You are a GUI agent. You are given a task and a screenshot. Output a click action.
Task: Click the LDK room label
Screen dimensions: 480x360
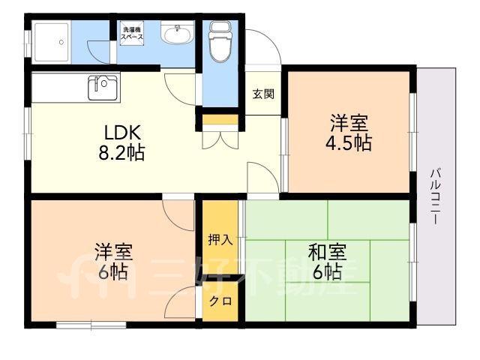point(122,133)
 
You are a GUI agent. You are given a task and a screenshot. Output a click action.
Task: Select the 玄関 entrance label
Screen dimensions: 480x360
point(263,94)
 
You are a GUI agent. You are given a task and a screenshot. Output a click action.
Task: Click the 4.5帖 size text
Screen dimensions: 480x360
point(348,142)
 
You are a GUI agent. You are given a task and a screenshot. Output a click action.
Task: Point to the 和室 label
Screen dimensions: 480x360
point(327,252)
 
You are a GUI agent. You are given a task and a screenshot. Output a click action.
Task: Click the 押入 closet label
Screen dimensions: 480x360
point(220,239)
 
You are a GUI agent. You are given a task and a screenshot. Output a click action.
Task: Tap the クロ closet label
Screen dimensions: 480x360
point(220,301)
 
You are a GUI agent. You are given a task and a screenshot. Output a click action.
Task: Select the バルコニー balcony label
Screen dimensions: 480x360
point(435,196)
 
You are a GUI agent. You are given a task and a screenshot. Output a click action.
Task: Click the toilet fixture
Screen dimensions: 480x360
point(220,41)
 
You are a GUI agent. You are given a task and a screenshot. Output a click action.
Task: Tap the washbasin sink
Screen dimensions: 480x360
point(177,33)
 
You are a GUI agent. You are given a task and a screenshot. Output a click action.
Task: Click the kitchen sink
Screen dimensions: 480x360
point(103,88)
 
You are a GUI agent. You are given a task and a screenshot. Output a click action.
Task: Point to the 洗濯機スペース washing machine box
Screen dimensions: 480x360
point(132,33)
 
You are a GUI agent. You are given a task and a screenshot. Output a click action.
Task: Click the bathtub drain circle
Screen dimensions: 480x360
point(61,42)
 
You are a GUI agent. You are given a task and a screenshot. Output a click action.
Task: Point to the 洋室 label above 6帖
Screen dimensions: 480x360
point(114,252)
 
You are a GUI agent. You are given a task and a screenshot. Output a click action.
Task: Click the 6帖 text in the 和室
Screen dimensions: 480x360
point(327,271)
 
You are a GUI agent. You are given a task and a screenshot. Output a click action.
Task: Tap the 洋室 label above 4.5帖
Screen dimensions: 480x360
point(348,122)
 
